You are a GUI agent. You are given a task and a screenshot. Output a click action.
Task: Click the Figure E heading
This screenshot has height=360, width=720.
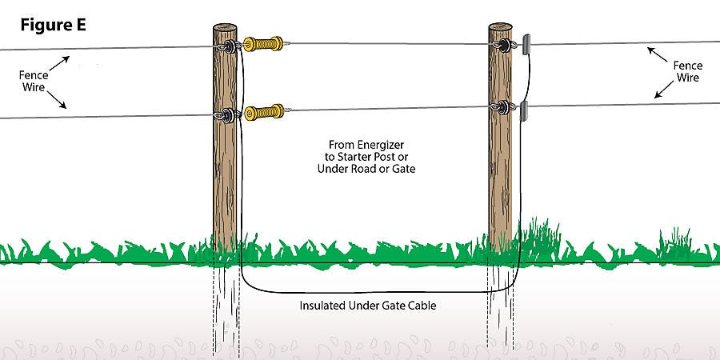pos(54,26)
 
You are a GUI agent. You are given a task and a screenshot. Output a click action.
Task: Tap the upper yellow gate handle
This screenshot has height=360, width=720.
pos(263,44)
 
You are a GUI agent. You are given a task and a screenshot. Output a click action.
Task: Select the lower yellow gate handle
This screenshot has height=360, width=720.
pos(264,112)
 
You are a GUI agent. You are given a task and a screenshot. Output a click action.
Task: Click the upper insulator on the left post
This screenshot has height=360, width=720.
pos(230,46)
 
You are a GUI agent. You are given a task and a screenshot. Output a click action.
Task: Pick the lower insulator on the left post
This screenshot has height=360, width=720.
pos(229,114)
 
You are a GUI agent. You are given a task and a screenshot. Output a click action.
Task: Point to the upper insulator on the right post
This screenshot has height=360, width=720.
pos(503,45)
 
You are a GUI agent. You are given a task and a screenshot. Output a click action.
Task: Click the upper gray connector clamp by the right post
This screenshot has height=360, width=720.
pos(526,45)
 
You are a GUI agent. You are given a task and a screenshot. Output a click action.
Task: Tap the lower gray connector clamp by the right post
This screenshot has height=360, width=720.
pos(524,110)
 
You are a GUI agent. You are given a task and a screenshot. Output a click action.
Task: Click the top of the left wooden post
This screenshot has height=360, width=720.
pos(225,28)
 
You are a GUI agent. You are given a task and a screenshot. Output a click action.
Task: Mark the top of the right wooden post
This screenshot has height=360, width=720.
pos(500,27)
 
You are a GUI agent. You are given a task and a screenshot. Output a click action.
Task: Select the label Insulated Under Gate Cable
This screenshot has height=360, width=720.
pos(368,305)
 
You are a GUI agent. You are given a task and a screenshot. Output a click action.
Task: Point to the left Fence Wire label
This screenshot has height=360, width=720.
pos(34,80)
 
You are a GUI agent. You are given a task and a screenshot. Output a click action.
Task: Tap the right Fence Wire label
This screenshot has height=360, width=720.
pos(687,72)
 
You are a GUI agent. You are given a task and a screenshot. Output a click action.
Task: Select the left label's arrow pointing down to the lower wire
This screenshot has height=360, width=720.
pos(57,100)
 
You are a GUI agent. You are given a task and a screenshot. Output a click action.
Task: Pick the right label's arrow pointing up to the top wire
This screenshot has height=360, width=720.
pos(658,54)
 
